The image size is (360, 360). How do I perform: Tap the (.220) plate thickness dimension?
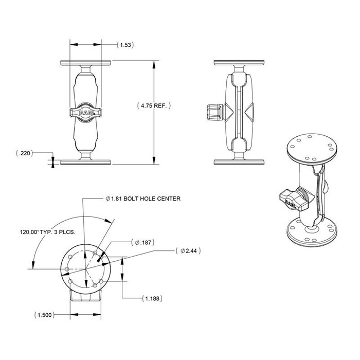24,153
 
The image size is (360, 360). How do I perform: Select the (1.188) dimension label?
154,298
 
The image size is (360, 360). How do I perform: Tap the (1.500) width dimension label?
45,315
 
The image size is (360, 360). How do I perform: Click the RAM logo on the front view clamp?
85,112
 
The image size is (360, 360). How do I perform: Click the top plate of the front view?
85,63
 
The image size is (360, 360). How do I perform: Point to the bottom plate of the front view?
85,161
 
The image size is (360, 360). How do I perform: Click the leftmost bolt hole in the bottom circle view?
67,269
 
